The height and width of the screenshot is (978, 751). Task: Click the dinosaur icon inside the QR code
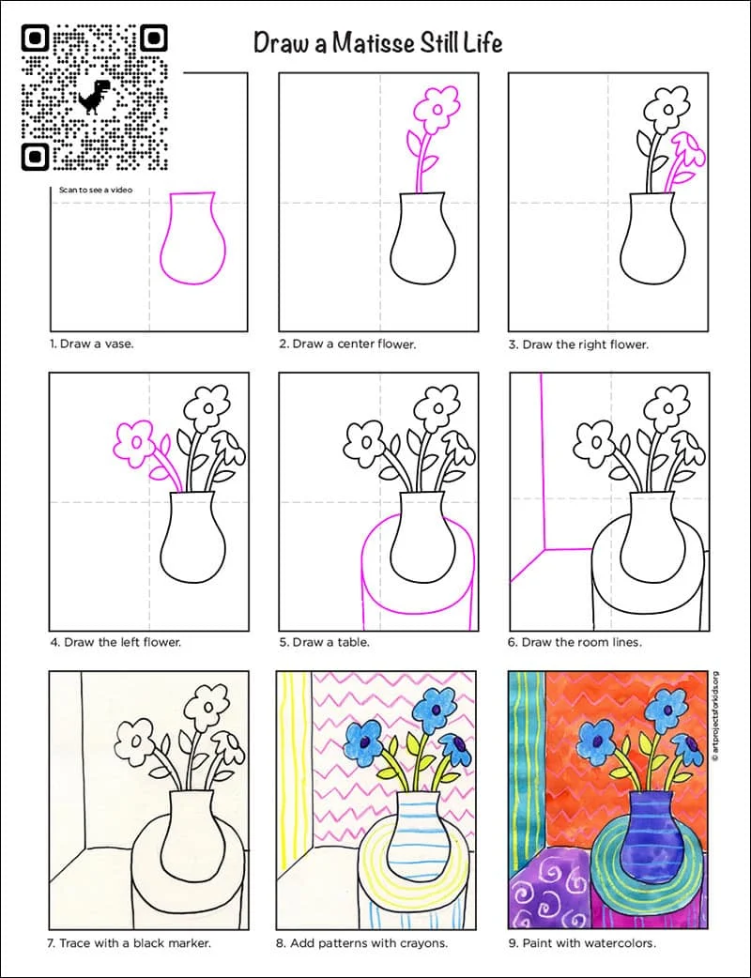[x=94, y=97]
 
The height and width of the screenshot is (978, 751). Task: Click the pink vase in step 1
[x=192, y=237]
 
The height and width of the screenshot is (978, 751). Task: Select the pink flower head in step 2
[x=437, y=110]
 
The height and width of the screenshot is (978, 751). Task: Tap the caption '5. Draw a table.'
[x=325, y=642]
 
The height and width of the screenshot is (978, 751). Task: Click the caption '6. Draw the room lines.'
[x=575, y=642]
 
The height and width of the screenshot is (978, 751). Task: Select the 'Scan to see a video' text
[x=96, y=190]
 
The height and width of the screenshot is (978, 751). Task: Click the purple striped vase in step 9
[x=651, y=837]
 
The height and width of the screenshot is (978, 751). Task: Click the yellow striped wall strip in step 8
[x=295, y=772]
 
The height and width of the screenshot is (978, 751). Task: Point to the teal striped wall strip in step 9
[x=527, y=771]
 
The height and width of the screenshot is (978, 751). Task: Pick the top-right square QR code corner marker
[x=153, y=38]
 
